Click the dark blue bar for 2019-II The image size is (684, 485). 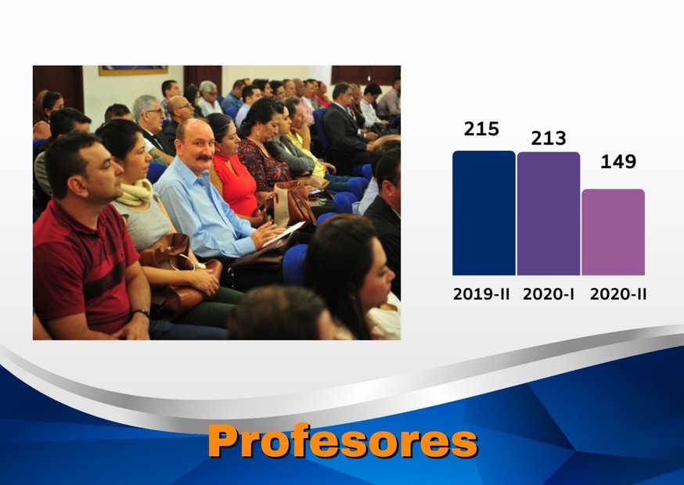[x=484, y=213]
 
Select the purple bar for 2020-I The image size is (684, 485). [x=549, y=214]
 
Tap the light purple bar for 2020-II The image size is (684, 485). [x=613, y=232]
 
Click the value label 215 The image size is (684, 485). [x=481, y=129]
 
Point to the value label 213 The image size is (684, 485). [x=549, y=138]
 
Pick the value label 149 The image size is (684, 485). [x=618, y=162]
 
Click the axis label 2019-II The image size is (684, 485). [x=481, y=294]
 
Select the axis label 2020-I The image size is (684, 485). [x=549, y=294]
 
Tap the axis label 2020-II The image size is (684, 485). [x=618, y=294]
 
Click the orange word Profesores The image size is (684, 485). [x=343, y=441]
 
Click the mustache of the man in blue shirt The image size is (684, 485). [x=203, y=157]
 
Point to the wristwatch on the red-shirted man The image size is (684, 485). [x=142, y=313]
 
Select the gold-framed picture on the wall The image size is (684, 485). [x=133, y=70]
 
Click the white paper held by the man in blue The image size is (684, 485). [x=283, y=234]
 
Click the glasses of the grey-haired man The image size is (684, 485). [x=155, y=112]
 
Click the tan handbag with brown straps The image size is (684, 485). [x=292, y=203]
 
